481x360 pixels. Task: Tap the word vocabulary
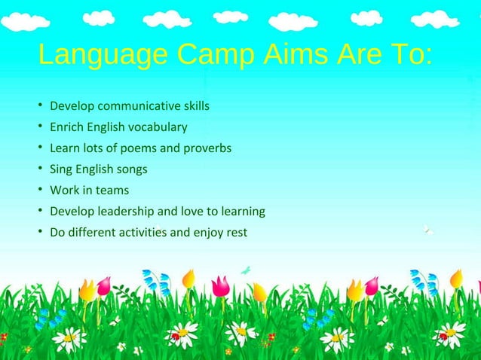coord(160,127)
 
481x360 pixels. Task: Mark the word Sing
coord(60,169)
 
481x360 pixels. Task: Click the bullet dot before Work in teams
coord(39,190)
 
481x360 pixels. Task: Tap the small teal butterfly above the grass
coord(245,269)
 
